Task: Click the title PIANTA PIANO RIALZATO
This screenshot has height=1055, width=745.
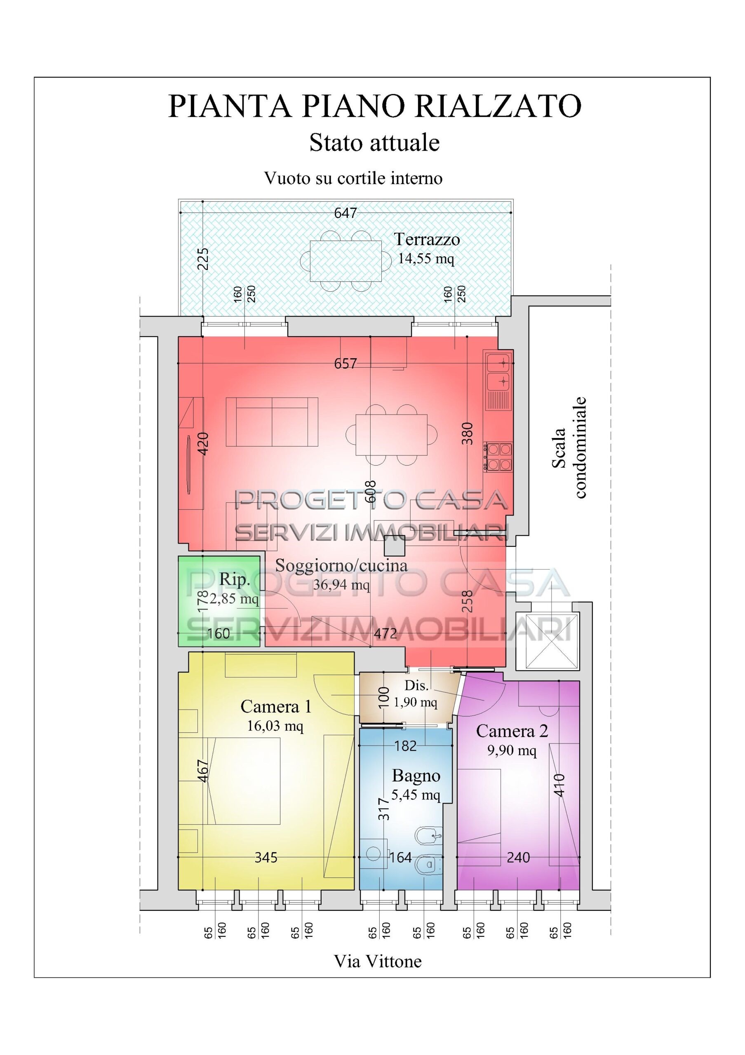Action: [x=375, y=106]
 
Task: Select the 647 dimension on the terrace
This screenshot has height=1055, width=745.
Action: [x=345, y=213]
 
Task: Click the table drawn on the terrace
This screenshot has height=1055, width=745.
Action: [x=345, y=261]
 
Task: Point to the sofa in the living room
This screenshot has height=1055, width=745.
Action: [x=272, y=422]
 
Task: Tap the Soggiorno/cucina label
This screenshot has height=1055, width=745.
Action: [x=341, y=566]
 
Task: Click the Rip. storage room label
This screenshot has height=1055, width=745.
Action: [x=235, y=579]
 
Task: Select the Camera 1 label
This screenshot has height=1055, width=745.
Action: [x=276, y=707]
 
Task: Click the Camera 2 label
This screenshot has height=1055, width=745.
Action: [x=512, y=731]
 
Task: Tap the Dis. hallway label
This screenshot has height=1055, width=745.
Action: [x=416, y=686]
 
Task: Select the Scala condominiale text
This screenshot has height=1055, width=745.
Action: [x=568, y=448]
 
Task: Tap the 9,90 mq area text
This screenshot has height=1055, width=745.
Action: [x=512, y=750]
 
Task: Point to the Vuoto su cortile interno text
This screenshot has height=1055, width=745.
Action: [x=353, y=178]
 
